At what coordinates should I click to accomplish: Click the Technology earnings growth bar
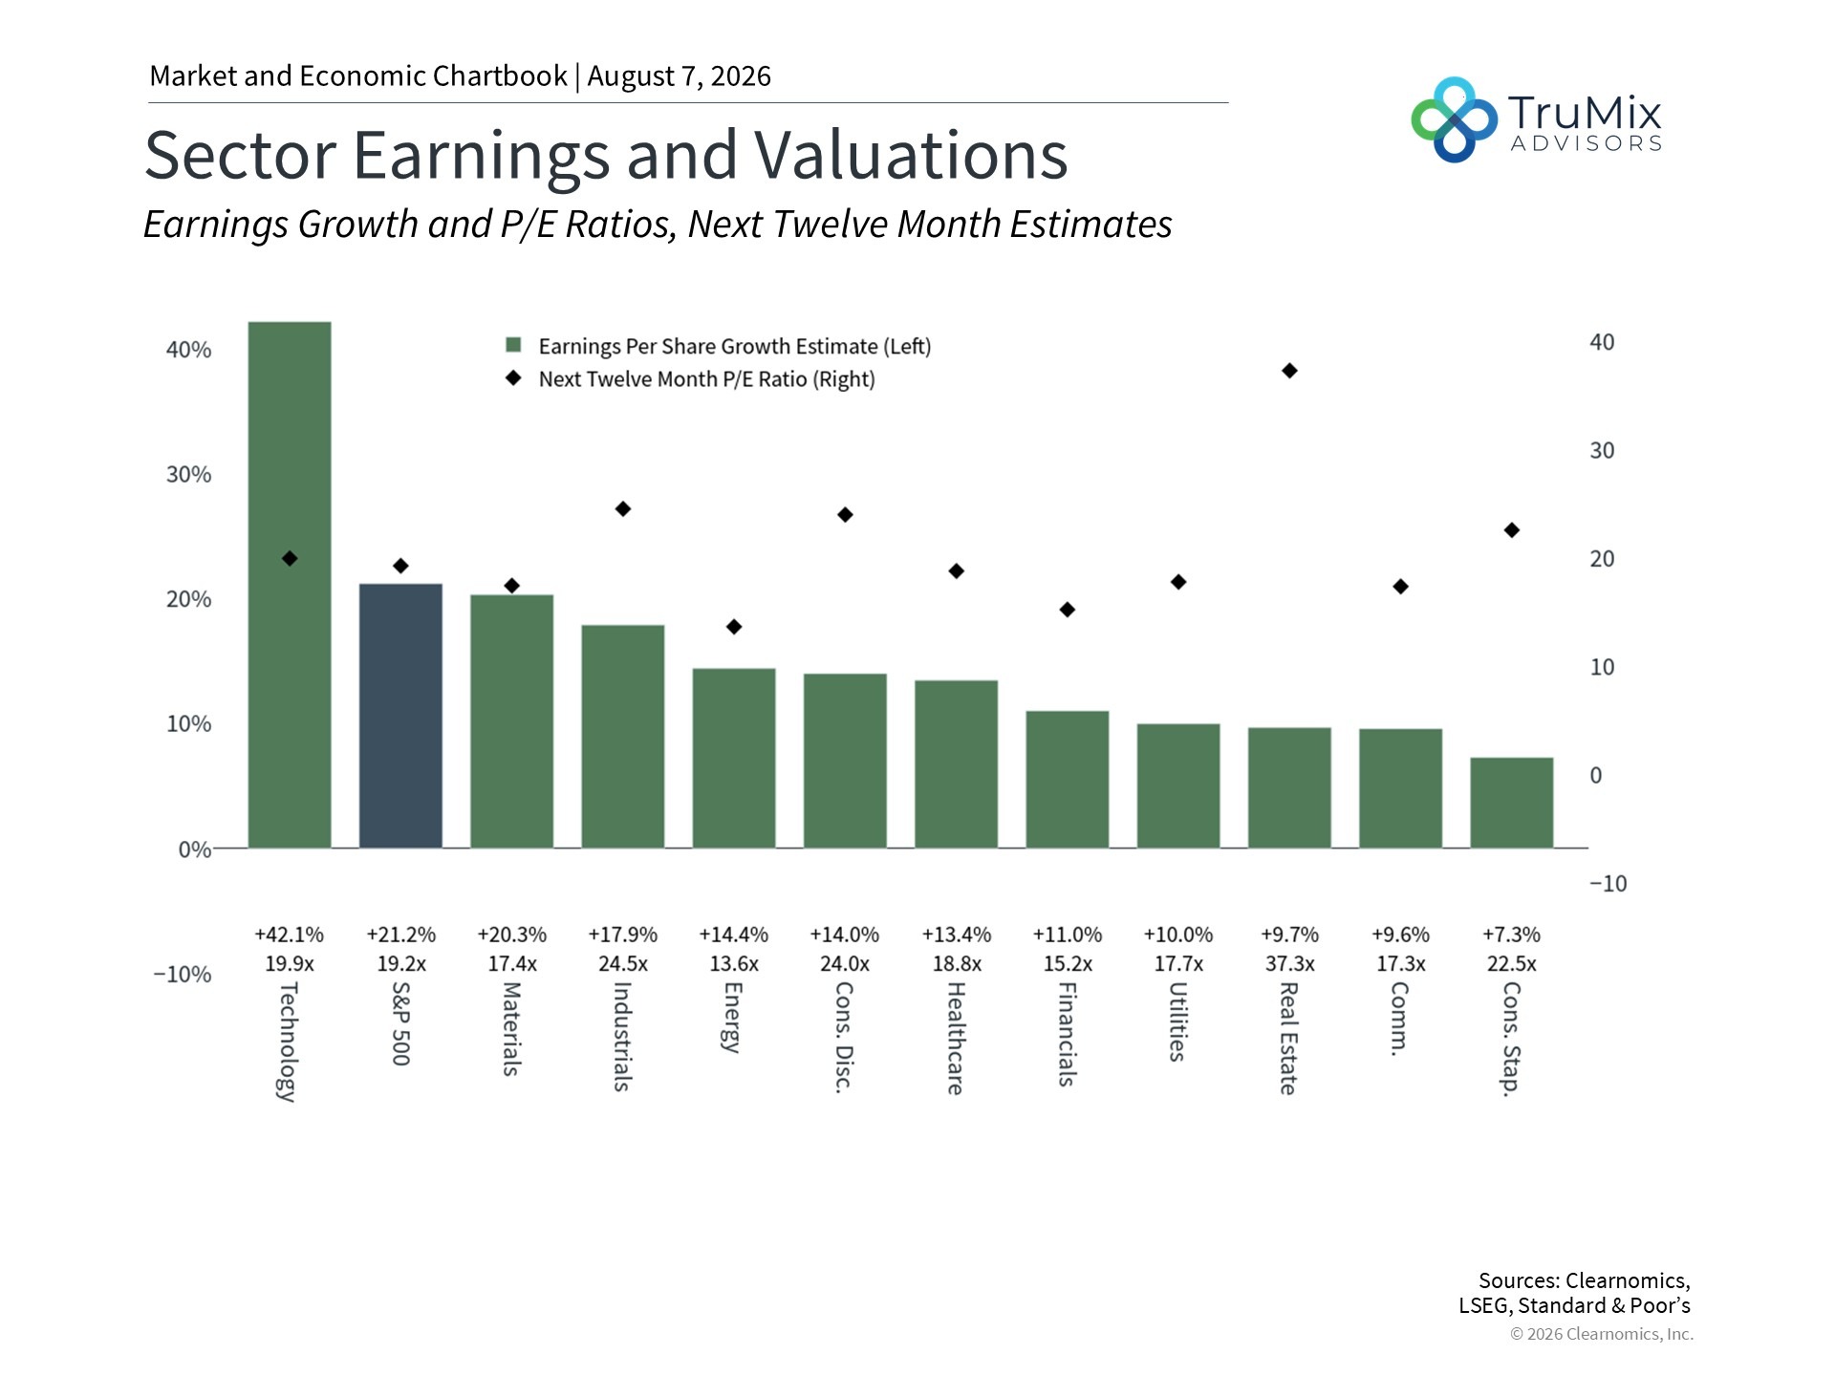click(290, 585)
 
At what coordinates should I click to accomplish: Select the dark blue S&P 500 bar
click(400, 716)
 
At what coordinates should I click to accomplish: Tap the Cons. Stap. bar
click(1511, 803)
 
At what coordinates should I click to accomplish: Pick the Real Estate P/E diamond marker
click(1289, 371)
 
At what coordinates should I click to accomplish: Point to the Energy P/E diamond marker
click(734, 627)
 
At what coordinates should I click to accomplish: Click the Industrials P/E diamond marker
click(623, 509)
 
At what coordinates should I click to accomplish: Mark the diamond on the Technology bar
click(290, 559)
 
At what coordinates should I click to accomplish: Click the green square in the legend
click(513, 346)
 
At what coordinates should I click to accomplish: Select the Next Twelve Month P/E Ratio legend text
click(706, 379)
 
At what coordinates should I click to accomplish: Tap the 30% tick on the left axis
click(188, 475)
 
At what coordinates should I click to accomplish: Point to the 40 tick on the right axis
click(1602, 342)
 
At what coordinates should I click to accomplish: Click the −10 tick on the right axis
click(1608, 884)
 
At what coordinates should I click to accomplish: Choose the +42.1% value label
click(289, 935)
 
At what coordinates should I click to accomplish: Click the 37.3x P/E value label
click(1289, 964)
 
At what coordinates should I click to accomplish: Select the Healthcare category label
click(955, 1038)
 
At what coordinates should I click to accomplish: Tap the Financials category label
click(1067, 1034)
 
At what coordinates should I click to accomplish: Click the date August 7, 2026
click(679, 76)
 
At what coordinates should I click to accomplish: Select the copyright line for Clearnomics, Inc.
click(1602, 1334)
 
